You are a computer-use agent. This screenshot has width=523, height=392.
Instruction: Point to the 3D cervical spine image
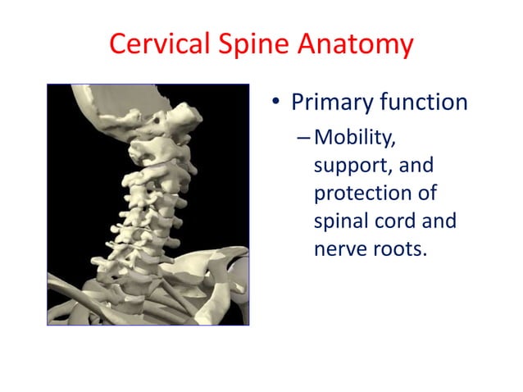point(148,205)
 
